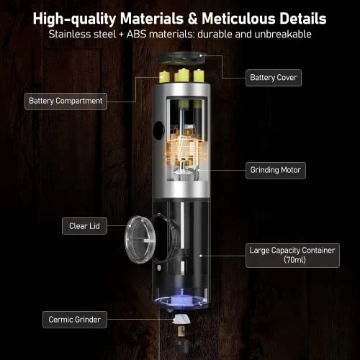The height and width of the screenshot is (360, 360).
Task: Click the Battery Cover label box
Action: point(274,78)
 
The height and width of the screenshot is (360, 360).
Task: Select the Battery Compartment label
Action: point(66,102)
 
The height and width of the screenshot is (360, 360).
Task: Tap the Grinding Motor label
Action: point(276,171)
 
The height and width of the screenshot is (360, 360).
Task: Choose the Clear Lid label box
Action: point(84,226)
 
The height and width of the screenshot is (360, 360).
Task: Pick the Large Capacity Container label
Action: point(292,256)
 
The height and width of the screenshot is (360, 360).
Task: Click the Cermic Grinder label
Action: point(75,320)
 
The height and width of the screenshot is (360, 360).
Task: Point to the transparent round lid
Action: point(140,239)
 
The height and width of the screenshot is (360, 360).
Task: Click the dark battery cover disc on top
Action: point(181,58)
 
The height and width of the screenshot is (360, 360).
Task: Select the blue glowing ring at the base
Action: point(180,301)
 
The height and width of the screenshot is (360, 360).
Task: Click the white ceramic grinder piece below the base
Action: point(181,320)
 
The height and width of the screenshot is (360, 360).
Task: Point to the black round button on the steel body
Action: point(159,130)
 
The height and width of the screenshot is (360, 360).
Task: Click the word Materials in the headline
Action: point(153,19)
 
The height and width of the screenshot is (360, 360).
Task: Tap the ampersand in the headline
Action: point(193,19)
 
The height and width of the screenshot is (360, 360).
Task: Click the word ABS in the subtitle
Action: point(136,35)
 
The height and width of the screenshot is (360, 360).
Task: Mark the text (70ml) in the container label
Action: point(294,260)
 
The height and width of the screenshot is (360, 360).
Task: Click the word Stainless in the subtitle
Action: point(70,35)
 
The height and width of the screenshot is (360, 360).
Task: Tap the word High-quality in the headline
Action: point(75,19)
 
